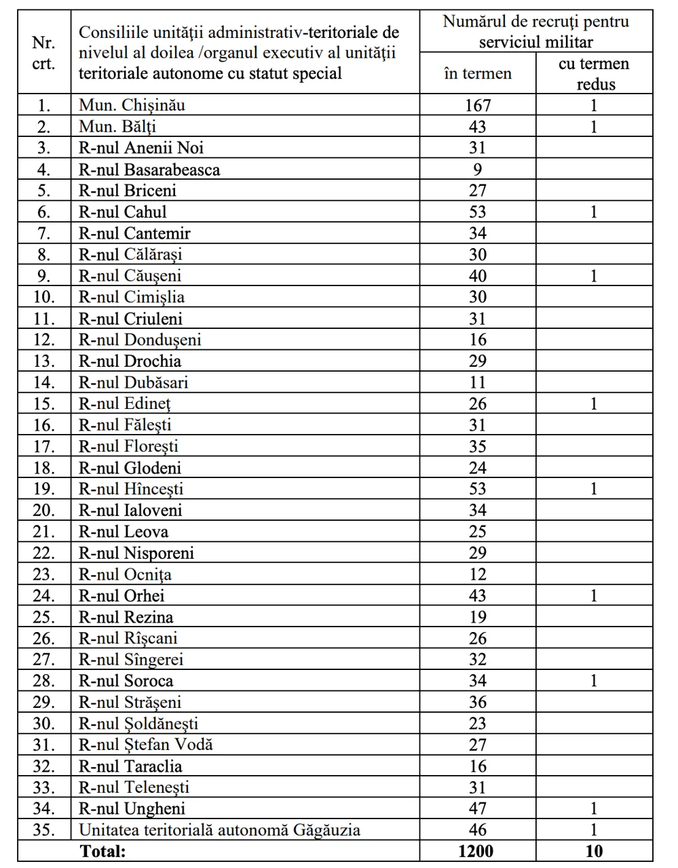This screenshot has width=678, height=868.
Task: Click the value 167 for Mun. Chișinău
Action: point(477,105)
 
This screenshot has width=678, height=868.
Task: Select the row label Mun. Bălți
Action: point(118,127)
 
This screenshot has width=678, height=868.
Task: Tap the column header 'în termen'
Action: point(477,73)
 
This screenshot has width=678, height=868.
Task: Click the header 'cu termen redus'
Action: point(594,73)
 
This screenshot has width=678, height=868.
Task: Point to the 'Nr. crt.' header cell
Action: point(44,53)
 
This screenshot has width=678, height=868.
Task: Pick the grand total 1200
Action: point(476,851)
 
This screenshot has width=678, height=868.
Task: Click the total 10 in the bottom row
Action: point(594,851)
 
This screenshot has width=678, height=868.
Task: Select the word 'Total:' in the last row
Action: point(103,851)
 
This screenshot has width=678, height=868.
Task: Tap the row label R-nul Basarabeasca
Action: point(149,170)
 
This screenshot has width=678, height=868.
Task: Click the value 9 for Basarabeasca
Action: point(478,170)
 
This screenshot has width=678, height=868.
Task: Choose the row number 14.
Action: point(44,382)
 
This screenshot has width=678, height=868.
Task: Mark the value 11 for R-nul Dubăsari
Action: point(478,382)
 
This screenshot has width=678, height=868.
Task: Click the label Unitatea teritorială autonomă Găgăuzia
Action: point(219,830)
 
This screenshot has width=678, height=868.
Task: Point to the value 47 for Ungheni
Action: point(478,808)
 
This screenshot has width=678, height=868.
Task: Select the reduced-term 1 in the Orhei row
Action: point(594,595)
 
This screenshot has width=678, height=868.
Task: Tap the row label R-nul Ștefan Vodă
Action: point(146,745)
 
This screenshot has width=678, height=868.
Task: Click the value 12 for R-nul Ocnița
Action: point(478,574)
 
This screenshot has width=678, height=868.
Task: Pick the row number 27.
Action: point(44,659)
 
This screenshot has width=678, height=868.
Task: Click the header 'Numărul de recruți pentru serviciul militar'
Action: point(536,32)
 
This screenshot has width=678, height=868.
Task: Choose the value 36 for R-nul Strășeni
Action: point(478,702)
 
